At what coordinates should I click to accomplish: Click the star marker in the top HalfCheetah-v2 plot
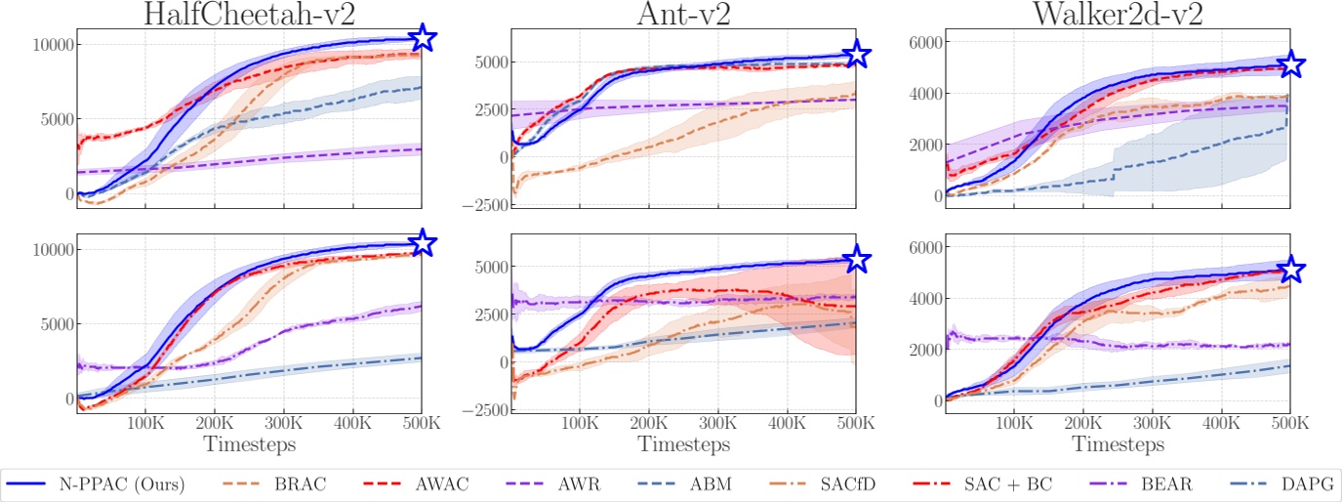coord(423,38)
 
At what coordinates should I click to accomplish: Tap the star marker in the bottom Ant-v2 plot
coord(856,259)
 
